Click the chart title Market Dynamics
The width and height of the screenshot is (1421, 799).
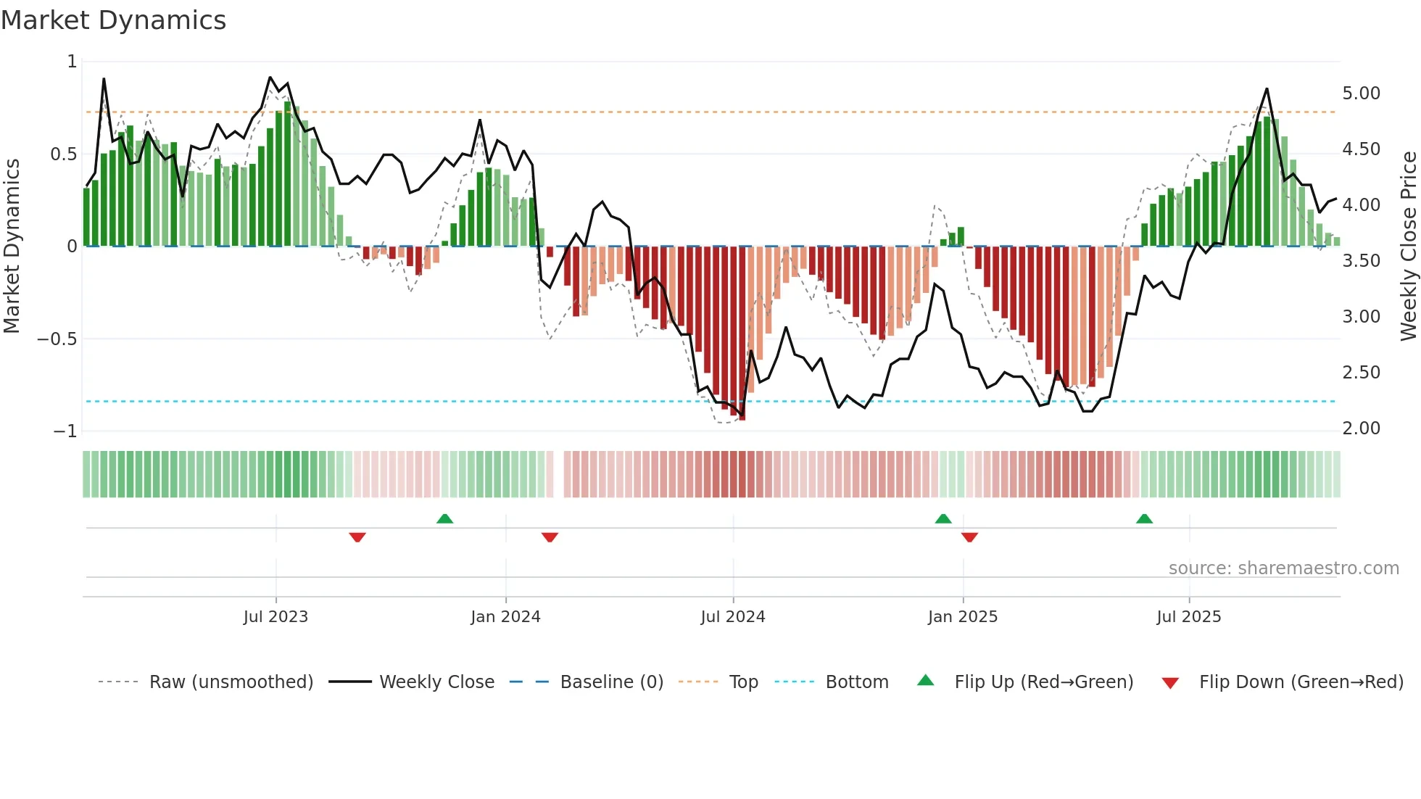[x=113, y=20]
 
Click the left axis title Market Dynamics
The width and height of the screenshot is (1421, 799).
[x=12, y=246]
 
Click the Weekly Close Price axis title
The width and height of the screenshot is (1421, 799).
[x=1408, y=246]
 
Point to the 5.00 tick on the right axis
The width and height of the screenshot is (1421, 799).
[x=1361, y=94]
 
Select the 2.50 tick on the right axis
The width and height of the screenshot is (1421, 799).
[x=1361, y=373]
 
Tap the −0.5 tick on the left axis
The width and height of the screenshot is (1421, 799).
[x=57, y=339]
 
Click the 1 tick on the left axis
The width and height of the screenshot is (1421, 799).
[x=72, y=62]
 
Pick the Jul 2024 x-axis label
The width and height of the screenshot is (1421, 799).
[x=732, y=617]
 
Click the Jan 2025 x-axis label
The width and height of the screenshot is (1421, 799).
[x=962, y=617]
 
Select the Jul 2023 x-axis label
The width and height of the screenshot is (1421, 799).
[x=275, y=617]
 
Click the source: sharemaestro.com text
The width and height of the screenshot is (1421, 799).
[x=1283, y=568]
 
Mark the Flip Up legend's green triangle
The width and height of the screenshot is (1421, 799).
[x=926, y=681]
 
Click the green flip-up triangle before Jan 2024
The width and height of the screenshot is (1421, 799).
[x=444, y=519]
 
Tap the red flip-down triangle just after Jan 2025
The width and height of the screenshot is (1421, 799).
[x=969, y=537]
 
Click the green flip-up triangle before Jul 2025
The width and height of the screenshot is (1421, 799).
[x=1144, y=519]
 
